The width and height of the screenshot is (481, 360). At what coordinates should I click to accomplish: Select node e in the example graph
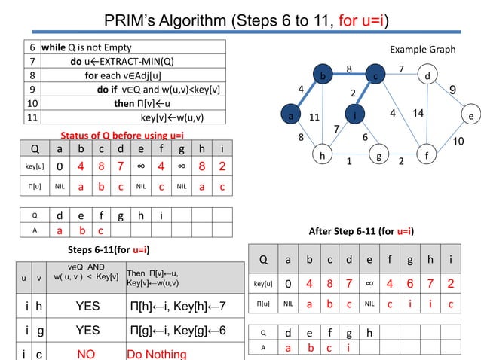click(470, 117)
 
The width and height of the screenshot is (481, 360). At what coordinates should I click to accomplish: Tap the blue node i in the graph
click(354, 116)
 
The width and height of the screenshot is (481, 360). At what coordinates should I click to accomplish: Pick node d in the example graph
click(427, 76)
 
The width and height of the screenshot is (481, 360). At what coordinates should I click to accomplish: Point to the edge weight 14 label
click(419, 113)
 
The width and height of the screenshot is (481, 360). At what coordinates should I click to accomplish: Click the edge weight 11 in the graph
click(315, 117)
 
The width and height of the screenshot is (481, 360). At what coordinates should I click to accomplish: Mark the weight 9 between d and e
click(452, 90)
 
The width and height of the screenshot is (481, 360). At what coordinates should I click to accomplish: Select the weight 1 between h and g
click(349, 160)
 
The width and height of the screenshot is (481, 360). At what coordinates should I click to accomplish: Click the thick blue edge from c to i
click(365, 96)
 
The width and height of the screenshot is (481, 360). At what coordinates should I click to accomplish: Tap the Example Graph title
click(422, 50)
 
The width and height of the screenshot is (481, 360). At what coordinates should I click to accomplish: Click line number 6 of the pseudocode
click(32, 47)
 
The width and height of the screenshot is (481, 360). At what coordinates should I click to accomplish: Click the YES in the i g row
click(87, 330)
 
